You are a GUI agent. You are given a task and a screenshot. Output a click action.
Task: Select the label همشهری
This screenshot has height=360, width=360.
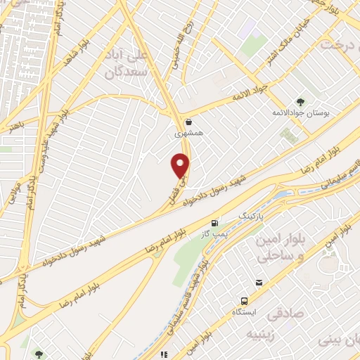pos(189,131)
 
